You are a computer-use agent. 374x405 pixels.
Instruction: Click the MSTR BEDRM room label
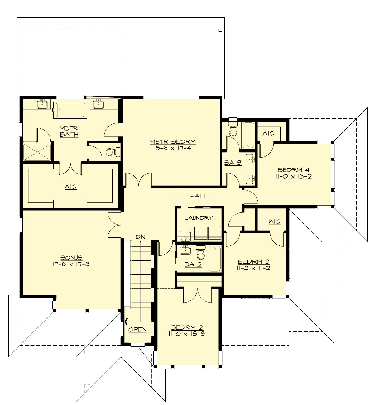click(x=173, y=142)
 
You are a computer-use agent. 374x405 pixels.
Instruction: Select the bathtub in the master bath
click(x=70, y=110)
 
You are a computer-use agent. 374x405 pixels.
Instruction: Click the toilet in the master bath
click(x=112, y=152)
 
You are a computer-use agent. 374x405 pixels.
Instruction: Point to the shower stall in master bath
click(x=37, y=152)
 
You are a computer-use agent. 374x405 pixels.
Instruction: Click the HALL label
click(x=199, y=196)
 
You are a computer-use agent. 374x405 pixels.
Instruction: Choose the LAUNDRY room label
click(x=199, y=218)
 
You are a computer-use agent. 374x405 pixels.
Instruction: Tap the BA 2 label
click(x=193, y=264)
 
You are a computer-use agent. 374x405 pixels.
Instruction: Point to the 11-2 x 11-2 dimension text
click(x=253, y=268)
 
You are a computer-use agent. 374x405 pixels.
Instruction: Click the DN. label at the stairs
click(x=141, y=237)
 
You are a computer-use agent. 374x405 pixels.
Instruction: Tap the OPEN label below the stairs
click(x=137, y=330)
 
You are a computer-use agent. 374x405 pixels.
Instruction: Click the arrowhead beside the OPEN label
click(x=127, y=322)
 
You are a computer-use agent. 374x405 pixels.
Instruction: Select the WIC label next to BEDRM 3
click(x=274, y=222)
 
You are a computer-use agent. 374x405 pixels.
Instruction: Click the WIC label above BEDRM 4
click(x=268, y=133)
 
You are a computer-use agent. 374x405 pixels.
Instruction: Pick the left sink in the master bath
click(x=42, y=104)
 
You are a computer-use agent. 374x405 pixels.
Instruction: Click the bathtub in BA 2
click(x=214, y=259)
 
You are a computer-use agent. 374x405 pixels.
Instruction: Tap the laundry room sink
click(x=185, y=236)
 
